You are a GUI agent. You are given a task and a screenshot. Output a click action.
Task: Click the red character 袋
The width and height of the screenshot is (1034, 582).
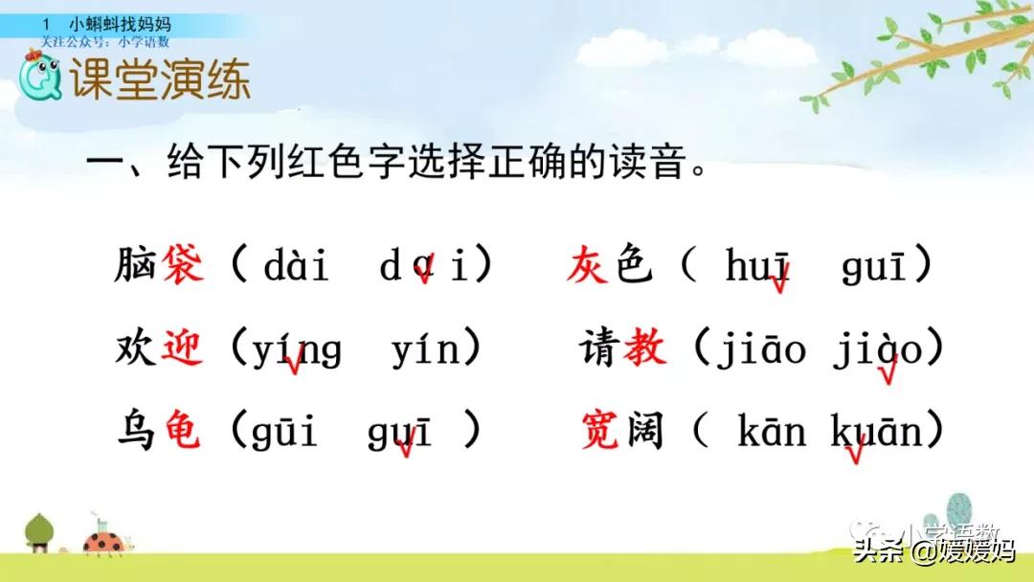[x=183, y=264]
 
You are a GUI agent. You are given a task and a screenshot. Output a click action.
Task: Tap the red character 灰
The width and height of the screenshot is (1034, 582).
[x=587, y=264]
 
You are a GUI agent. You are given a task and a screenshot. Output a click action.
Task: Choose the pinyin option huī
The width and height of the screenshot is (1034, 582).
[x=758, y=267]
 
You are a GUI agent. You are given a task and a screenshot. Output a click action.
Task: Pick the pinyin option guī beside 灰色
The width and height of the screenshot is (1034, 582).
[x=874, y=267]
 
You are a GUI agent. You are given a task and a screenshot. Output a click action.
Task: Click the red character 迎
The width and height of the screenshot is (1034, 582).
[x=183, y=348]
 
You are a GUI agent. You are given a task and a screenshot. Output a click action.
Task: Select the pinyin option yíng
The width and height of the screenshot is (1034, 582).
[x=297, y=351]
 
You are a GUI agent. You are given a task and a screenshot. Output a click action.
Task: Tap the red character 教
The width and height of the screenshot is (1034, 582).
[x=644, y=348]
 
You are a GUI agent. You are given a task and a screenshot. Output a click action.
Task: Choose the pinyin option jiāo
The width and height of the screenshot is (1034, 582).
[x=757, y=351]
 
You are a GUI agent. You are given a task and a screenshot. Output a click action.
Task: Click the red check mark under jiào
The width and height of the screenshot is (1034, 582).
[x=888, y=374]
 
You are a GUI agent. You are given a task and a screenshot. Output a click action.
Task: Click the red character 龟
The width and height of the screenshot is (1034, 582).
[x=183, y=432]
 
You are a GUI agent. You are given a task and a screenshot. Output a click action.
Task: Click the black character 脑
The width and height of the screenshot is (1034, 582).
[x=134, y=264]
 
